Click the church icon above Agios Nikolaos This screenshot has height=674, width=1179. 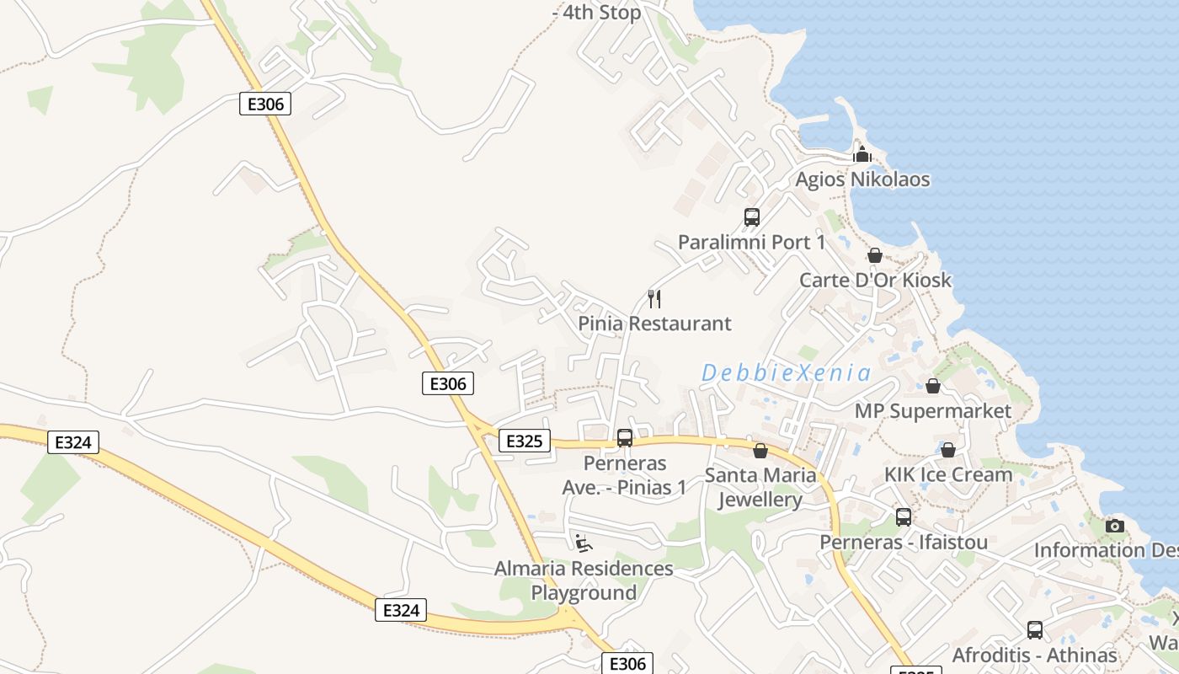coord(862,154)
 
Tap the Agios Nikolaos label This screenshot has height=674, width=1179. coord(862,179)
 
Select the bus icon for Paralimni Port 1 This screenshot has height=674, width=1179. coord(752,217)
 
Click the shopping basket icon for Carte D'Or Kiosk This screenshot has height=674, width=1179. coord(875,255)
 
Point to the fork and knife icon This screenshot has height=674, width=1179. coord(654,299)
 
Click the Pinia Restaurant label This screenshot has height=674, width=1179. coord(654,324)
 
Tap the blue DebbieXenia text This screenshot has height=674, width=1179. coord(786,372)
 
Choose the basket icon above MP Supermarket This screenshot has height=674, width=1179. coord(932,386)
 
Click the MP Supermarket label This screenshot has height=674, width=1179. coord(932,411)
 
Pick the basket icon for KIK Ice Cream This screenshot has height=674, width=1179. coord(947,450)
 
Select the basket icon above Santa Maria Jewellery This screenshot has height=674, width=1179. coord(760,451)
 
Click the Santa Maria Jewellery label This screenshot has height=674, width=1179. coord(760,487)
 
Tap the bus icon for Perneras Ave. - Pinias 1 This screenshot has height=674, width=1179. coord(624,438)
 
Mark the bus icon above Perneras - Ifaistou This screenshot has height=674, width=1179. coord(903,517)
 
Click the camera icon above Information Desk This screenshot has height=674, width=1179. coord(1115,526)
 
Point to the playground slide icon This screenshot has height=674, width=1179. coord(584,543)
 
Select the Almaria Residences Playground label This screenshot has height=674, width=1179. coord(584,580)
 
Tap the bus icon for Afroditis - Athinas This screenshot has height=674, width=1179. coord(1034,630)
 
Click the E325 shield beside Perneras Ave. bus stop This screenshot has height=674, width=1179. coord(524,441)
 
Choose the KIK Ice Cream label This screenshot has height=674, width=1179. coord(947,474)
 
